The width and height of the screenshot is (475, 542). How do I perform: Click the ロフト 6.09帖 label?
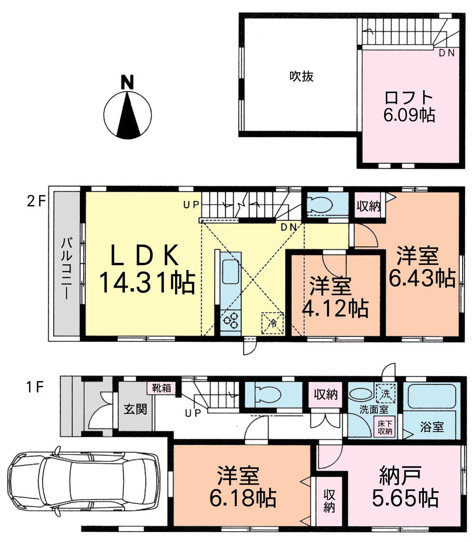point(409,106)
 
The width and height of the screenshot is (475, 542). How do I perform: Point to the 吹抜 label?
point(301,76)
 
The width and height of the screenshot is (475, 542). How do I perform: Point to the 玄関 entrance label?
point(136,409)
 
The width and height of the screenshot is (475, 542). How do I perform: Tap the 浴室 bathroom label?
point(432,427)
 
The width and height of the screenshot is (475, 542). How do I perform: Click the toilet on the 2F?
point(321,204)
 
